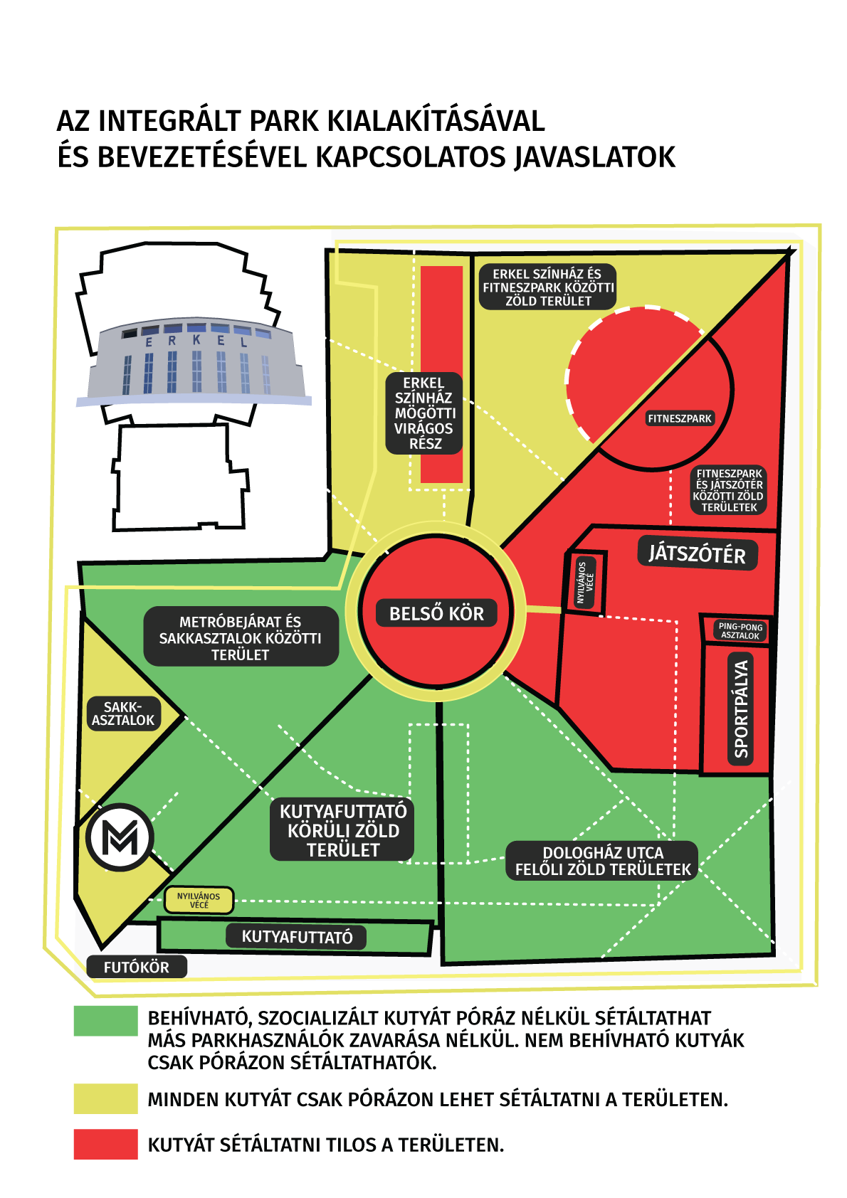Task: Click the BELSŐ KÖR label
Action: coord(436,613)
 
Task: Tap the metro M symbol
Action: coord(120,838)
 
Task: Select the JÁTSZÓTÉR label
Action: coord(697,553)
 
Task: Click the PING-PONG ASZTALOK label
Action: coord(740,631)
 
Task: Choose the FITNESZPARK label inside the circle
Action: coord(679,419)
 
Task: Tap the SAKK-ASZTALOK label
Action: coord(123,714)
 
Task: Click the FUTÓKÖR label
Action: coord(137,967)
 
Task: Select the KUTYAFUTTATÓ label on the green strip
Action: coord(297,937)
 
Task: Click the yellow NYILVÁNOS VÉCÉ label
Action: coord(199,901)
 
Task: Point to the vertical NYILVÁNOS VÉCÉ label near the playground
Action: coord(585,583)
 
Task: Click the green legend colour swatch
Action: coord(105,1021)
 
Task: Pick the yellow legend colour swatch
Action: coord(105,1098)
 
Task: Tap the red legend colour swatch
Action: coord(105,1144)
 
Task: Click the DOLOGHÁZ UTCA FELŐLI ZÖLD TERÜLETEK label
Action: coord(602,861)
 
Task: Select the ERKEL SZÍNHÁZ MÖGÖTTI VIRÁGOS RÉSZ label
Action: coord(424,413)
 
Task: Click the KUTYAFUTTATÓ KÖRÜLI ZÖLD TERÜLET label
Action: coord(343,830)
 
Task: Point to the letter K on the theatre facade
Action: coord(196,340)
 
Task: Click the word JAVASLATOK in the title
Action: coord(594,157)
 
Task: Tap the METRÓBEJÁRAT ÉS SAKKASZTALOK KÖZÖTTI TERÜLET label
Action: coord(241,637)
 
